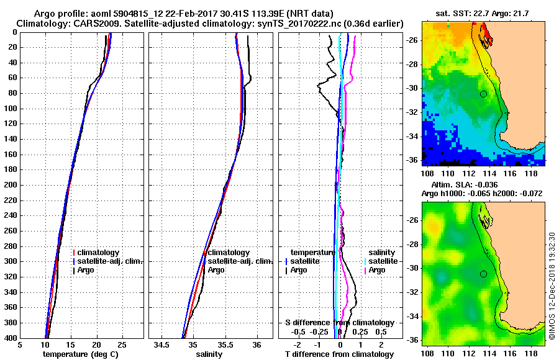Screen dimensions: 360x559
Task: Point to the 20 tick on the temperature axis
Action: (x=96, y=344)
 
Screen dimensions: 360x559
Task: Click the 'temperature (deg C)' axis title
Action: (x=80, y=354)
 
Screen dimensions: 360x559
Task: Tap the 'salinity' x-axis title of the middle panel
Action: (x=209, y=354)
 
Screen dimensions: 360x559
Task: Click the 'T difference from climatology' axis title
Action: (x=339, y=354)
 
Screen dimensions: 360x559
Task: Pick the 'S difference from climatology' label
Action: (x=339, y=323)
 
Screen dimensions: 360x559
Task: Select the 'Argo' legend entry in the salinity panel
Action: (x=216, y=270)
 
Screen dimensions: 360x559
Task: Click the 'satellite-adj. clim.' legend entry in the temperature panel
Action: (x=109, y=261)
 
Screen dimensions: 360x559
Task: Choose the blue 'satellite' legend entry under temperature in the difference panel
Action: (x=305, y=261)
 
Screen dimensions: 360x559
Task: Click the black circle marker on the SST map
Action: (x=483, y=94)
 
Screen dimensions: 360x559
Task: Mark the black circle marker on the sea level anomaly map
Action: (x=483, y=274)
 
